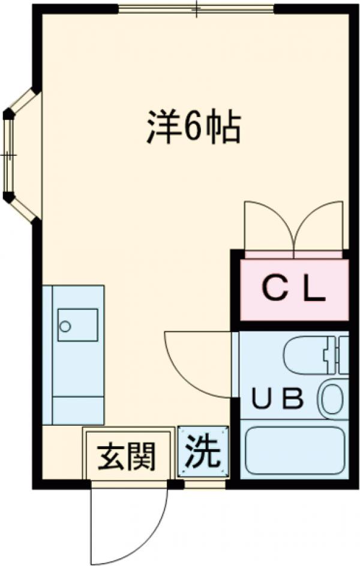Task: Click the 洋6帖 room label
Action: pyautogui.click(x=194, y=127)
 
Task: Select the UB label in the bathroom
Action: pyautogui.click(x=277, y=398)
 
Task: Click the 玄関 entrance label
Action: pyautogui.click(x=127, y=457)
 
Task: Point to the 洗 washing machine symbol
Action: pyautogui.click(x=203, y=453)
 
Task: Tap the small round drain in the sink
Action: pyautogui.click(x=65, y=327)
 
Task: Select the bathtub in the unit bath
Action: pyautogui.click(x=293, y=450)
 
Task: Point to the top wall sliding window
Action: pyautogui.click(x=196, y=8)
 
